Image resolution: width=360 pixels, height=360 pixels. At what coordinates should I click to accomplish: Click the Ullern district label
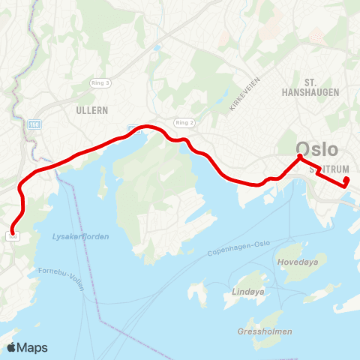click(93, 109)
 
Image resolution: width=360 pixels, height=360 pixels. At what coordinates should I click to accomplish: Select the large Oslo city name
click(317, 148)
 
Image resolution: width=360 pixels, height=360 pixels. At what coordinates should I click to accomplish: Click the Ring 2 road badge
click(183, 121)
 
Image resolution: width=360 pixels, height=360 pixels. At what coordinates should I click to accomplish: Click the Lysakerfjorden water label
click(80, 236)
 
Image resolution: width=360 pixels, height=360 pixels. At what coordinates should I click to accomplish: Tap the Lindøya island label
click(248, 290)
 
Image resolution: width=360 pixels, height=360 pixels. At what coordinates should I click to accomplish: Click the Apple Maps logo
click(27, 347)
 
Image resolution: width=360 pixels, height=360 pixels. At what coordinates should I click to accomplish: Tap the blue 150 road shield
click(34, 124)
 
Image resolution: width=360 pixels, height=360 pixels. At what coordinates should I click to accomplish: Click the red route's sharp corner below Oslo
click(299, 157)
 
